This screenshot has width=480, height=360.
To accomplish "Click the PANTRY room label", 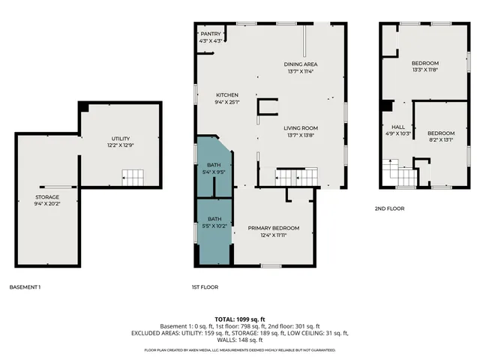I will pyautogui.click(x=210, y=34).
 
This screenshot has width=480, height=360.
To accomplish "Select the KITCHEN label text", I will pyautogui.click(x=227, y=95).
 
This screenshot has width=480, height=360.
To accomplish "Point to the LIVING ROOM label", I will pyautogui.click(x=301, y=128).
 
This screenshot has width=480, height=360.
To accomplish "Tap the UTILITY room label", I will pyautogui.click(x=121, y=139).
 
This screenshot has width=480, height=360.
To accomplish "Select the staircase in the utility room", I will pyautogui.click(x=133, y=178).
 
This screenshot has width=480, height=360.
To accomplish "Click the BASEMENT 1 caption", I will pyautogui.click(x=25, y=287).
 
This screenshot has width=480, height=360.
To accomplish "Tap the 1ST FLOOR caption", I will pyautogui.click(x=204, y=287).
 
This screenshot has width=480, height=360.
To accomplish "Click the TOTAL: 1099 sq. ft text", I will pyautogui.click(x=239, y=319).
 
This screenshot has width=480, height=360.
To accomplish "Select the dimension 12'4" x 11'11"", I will pyautogui.click(x=274, y=235).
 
